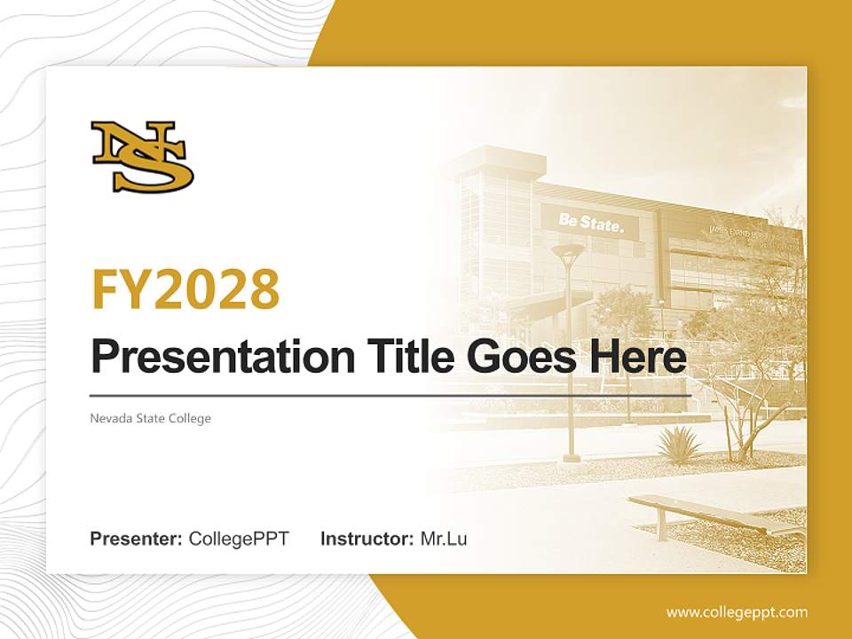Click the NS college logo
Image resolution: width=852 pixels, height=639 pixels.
coord(142,157)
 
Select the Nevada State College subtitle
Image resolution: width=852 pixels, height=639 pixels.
coord(150,418)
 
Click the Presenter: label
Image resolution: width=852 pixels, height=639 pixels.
coord(137,539)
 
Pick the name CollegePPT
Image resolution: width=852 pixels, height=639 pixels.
coord(239,539)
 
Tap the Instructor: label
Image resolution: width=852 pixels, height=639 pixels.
coord(367,539)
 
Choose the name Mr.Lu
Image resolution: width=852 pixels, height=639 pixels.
coord(444,539)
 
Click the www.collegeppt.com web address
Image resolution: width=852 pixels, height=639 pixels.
coord(737,611)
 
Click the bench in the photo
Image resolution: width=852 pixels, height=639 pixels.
coord(710,513)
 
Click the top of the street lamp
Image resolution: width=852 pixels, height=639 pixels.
coord(568,254)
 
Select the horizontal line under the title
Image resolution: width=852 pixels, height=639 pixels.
coord(390,395)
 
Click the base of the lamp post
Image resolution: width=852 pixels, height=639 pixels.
coord(571,458)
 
